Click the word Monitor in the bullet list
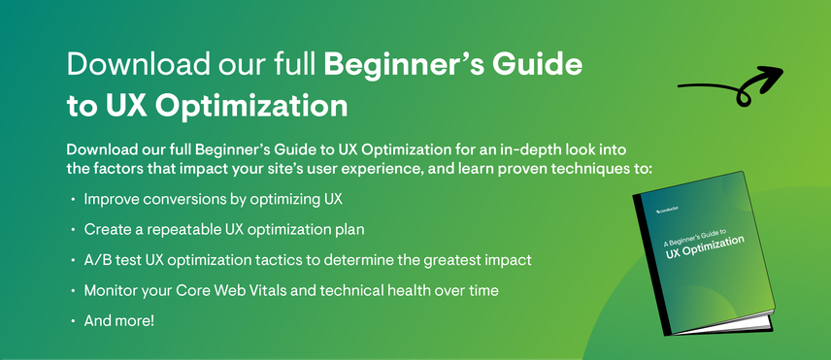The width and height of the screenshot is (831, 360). (114, 291)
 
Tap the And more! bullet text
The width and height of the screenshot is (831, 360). (118, 321)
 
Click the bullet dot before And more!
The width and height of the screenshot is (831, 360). (73, 322)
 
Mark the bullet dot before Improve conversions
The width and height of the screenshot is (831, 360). (73, 201)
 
